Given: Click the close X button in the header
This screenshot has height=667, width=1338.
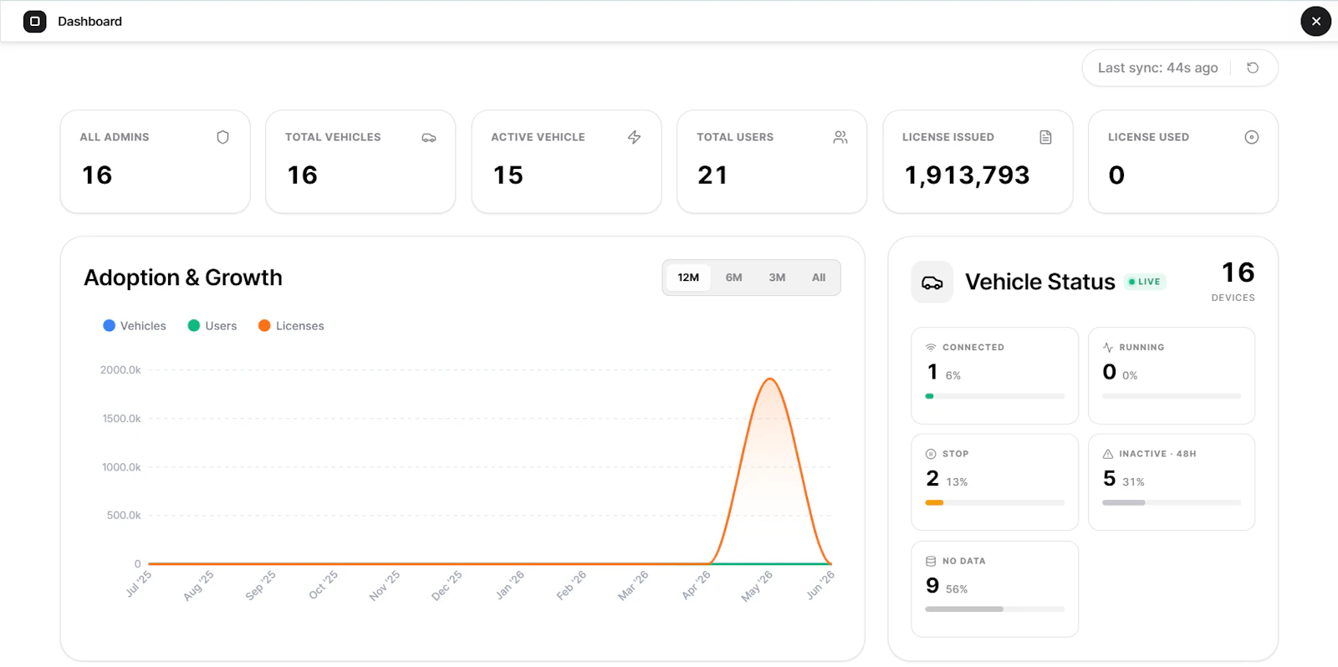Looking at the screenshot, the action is click(1316, 22).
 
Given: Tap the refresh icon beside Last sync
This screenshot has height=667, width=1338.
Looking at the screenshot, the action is click(1253, 68).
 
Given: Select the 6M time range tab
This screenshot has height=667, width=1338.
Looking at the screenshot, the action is click(733, 277).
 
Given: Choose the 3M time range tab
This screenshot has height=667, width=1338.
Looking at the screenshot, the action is click(777, 277).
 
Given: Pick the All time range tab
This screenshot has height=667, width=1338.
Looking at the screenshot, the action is click(819, 277).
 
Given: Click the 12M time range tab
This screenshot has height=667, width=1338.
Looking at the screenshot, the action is click(688, 277).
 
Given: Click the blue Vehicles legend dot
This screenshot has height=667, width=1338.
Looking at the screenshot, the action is click(109, 325).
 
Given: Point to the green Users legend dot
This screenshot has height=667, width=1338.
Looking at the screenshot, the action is click(193, 325).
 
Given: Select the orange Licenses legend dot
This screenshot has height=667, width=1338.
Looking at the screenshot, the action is click(264, 325).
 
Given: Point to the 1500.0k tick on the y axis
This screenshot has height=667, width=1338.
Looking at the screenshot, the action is click(121, 419).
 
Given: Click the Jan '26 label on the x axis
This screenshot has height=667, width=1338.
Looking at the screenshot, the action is click(510, 584).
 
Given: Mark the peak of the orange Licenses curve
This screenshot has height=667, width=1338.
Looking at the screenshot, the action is click(770, 379).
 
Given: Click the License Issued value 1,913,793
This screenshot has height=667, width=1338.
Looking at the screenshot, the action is click(967, 176).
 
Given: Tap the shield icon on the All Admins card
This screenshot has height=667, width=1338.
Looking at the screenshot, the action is click(222, 137).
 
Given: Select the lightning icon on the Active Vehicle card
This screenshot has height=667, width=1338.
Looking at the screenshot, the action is click(635, 137).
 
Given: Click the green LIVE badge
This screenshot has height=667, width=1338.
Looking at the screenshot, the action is click(1145, 282).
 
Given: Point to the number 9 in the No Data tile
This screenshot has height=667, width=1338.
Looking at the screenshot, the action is click(932, 586).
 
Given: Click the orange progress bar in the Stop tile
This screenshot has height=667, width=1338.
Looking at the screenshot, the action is click(934, 503).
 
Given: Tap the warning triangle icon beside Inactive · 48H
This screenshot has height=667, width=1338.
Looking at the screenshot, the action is click(1108, 454).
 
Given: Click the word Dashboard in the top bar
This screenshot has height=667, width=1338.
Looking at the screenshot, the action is click(89, 22).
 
